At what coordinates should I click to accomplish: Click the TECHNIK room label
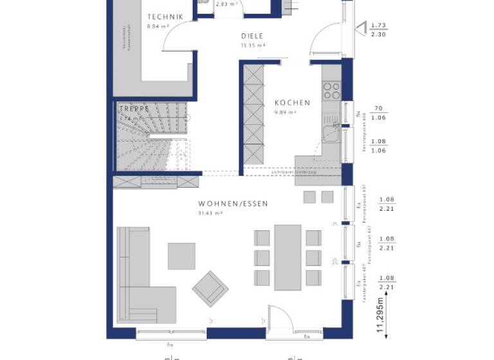click(x=165, y=17)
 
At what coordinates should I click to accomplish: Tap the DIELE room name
click(x=253, y=37)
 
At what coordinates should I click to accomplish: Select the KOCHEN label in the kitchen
click(x=292, y=103)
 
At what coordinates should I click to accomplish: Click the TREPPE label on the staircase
click(x=134, y=109)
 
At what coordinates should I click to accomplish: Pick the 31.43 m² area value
click(x=210, y=213)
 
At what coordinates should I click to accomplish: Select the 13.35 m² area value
click(x=253, y=46)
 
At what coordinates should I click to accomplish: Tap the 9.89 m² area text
click(x=286, y=112)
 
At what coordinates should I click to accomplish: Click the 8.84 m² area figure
click(x=157, y=26)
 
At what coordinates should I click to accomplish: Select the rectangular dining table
click(x=288, y=255)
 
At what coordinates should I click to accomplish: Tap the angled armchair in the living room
click(x=210, y=289)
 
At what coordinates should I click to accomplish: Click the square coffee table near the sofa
click(x=181, y=256)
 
